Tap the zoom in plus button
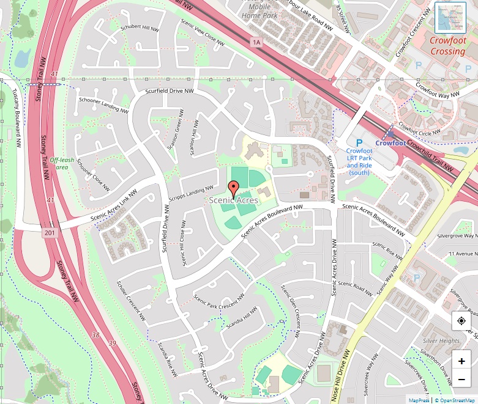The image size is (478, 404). pyautogui.click(x=461, y=361)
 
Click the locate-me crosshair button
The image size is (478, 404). pyautogui.click(x=461, y=321)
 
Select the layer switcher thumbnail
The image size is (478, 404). pyautogui.click(x=450, y=18)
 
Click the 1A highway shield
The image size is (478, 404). pyautogui.click(x=256, y=42)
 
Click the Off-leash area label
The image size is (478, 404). pyautogui.click(x=62, y=163)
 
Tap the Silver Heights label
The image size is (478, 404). pyautogui.click(x=441, y=340)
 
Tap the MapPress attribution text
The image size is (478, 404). pyautogui.click(x=419, y=400)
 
